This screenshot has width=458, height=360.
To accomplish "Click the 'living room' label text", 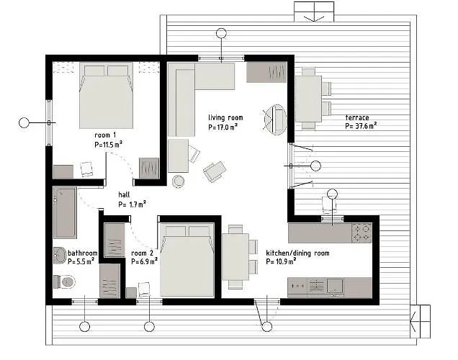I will pos(225,117).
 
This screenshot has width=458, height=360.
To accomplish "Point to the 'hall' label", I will pos(124,194).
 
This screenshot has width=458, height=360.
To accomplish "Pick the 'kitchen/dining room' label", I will pos(297,253).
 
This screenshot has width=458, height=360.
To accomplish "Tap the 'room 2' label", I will pos(143,253).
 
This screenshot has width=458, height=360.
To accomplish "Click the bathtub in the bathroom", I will pos(65,212).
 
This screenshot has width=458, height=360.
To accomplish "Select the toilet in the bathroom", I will pos(64,282).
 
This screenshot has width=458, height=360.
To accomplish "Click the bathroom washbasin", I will pos(60,254).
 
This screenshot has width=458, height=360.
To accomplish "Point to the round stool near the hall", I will pos(178,181).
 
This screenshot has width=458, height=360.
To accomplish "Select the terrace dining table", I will pos(308,99).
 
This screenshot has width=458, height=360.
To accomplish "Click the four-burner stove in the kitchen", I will pos(360,233).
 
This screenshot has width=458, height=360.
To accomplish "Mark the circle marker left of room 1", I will pos(24,122).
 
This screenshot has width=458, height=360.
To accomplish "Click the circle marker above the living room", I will pos(221,33).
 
